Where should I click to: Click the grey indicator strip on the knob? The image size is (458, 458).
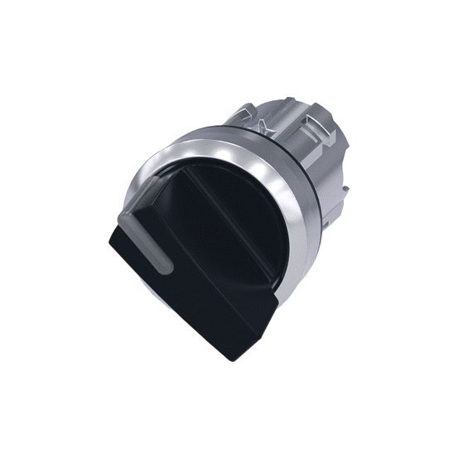point(157,243)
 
